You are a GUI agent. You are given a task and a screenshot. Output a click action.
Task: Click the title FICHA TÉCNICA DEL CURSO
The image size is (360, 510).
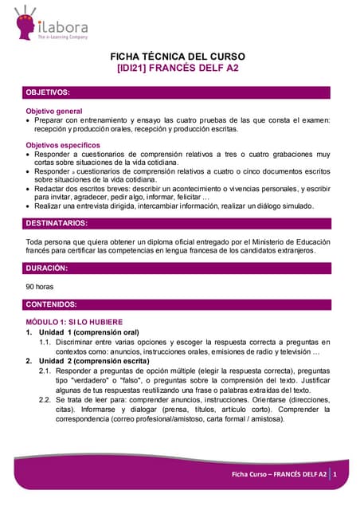[178, 57]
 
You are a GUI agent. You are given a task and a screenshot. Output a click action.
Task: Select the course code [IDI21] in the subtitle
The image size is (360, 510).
[134, 69]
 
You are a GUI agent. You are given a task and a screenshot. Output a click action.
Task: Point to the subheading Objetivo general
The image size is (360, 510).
[54, 111]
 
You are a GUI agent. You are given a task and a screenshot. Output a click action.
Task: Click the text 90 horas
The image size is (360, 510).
[40, 286]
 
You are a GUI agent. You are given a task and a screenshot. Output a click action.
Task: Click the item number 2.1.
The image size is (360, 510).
[46, 371]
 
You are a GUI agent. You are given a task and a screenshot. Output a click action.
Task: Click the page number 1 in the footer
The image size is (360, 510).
[335, 475]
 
